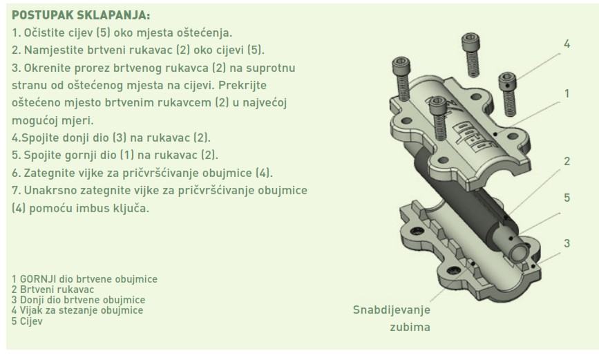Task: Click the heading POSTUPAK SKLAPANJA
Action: [81, 15]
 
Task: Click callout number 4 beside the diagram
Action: [567, 44]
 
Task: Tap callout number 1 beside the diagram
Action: [567, 94]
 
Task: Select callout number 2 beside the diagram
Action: [567, 161]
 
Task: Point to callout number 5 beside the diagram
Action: [567, 198]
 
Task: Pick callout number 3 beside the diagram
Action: [567, 243]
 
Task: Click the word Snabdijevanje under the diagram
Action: [392, 310]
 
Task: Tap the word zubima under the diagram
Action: [410, 327]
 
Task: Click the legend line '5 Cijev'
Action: [27, 321]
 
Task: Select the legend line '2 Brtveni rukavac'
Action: [53, 290]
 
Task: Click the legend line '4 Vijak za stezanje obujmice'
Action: [77, 310]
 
